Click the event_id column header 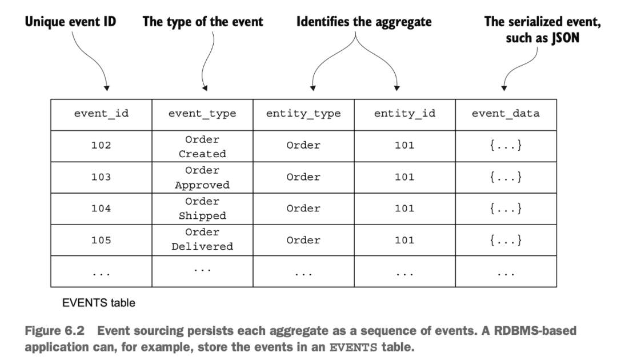point(101,113)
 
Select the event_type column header point(202,114)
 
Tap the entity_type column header point(303,114)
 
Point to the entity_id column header point(404,114)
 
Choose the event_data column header point(506,113)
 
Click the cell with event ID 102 point(101,146)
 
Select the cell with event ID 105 point(101,240)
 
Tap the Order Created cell point(202,146)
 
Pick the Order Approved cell point(202,178)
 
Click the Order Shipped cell point(202,209)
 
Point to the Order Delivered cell point(202,239)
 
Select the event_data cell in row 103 point(506,177)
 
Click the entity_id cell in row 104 point(404,209)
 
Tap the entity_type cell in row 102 point(303,146)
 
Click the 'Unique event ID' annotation point(70,22)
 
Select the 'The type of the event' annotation point(203,22)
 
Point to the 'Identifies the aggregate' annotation point(364,22)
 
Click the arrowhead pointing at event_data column point(504,88)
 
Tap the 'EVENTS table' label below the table point(99,303)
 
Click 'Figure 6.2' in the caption point(55,331)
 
